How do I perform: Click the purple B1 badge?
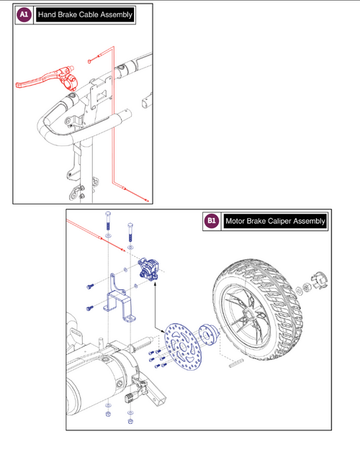tap(212, 222)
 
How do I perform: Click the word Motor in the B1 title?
tap(237, 222)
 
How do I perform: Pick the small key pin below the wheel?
tap(235, 365)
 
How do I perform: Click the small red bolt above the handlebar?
tap(91, 62)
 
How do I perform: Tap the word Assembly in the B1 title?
tap(307, 222)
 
